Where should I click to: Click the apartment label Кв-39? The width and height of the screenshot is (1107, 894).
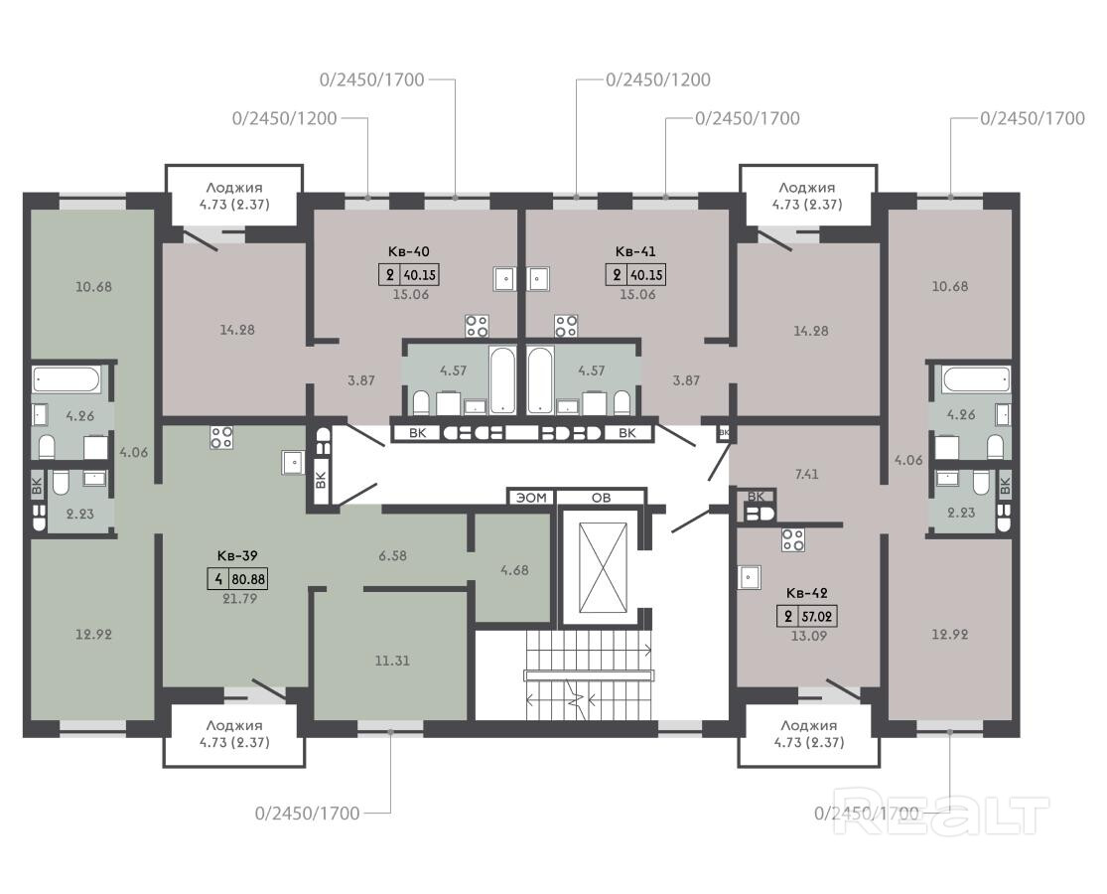pos(237,555)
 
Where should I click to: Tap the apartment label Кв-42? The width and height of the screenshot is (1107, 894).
pos(807,593)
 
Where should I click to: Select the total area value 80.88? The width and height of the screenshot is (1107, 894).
pos(248,580)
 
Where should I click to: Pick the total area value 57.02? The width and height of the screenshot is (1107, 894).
pos(817,617)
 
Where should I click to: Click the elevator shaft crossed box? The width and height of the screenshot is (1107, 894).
pos(603,570)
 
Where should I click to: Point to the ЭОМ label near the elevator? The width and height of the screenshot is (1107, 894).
pos(531,498)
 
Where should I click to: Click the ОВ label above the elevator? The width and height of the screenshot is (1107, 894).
pos(601,498)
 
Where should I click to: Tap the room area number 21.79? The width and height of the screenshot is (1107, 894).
pos(239,599)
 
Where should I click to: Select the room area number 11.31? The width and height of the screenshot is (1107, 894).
pos(392,661)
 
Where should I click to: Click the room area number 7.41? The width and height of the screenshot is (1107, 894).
pos(806,475)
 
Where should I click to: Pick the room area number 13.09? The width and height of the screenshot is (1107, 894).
pos(810,636)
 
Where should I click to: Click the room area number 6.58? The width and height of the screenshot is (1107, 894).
pos(392,555)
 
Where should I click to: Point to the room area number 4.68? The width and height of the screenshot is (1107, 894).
pos(514,570)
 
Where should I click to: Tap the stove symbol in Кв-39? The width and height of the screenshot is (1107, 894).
pos(221,437)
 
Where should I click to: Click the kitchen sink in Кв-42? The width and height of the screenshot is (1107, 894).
pos(750,577)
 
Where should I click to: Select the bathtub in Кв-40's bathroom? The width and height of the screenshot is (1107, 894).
pos(502,379)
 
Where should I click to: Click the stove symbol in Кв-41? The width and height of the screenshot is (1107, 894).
pos(566,326)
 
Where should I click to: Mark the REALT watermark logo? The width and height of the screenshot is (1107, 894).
pos(941,815)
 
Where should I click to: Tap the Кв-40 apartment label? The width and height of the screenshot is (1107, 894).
pos(409,251)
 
